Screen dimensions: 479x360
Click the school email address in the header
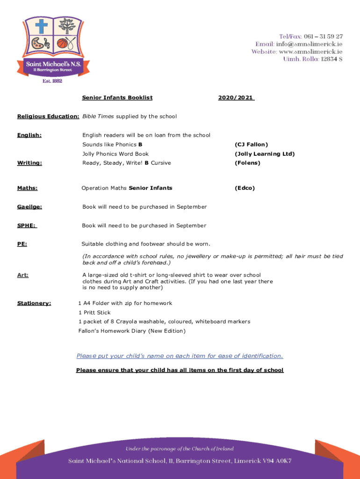pyautogui.click(x=310, y=44)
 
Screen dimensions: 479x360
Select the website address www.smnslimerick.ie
pyautogui.click(x=311, y=51)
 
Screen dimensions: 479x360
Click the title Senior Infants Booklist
pyautogui.click(x=117, y=98)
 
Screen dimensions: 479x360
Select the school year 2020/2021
pyautogui.click(x=236, y=98)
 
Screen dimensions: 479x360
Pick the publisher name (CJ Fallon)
pyautogui.click(x=251, y=145)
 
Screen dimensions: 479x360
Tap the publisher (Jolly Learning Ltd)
pyautogui.click(x=265, y=154)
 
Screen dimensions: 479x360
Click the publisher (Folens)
pyautogui.click(x=247, y=163)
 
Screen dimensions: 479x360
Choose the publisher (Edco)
pyautogui.click(x=245, y=188)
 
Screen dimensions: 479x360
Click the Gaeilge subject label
pyautogui.click(x=29, y=207)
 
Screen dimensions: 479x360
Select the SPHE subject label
pyautogui.click(x=27, y=225)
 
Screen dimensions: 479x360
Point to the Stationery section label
pyautogui.click(x=34, y=303)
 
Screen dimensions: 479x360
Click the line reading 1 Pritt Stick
pyautogui.click(x=94, y=312)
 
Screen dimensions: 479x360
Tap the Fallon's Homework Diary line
pyautogui.click(x=132, y=331)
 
